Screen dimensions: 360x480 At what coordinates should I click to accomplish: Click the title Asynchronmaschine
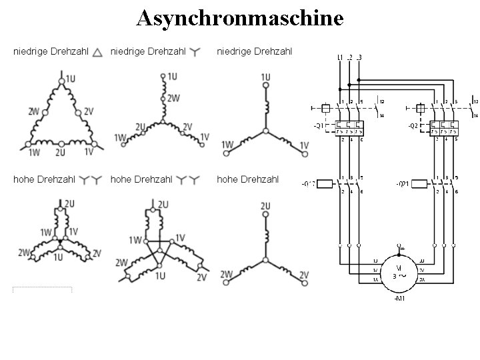pyautogui.click(x=240, y=18)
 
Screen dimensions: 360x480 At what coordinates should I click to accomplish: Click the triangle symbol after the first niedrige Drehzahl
pyautogui.click(x=97, y=52)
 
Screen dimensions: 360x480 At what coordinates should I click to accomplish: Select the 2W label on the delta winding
pyautogui.click(x=33, y=111)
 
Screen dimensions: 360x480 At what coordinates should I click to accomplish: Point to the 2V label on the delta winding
pyautogui.click(x=89, y=111)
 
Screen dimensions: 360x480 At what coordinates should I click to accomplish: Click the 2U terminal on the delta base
pyautogui.click(x=61, y=143)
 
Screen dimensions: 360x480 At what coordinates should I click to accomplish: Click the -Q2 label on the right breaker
pyautogui.click(x=413, y=125)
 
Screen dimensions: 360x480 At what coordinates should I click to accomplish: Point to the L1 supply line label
pyautogui.click(x=340, y=57)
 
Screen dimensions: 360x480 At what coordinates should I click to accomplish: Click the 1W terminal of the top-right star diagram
pyautogui.click(x=226, y=153)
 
